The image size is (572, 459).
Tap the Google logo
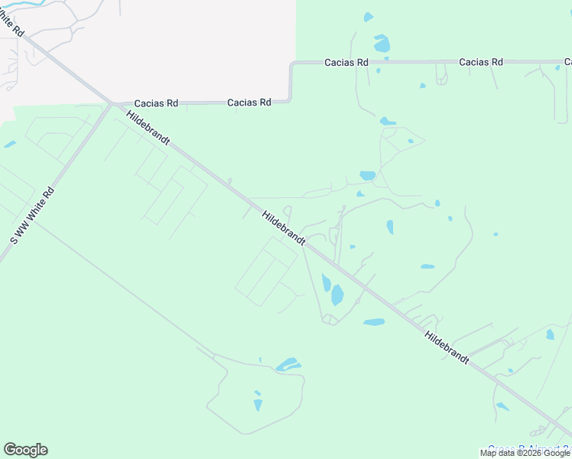point(25,450)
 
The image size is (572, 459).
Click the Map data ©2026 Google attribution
point(525,453)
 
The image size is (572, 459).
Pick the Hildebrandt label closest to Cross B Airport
point(447,348)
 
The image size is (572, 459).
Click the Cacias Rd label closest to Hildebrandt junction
point(156,103)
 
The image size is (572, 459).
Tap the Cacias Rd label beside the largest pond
point(346,63)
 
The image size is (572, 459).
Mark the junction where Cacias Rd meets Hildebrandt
point(112,103)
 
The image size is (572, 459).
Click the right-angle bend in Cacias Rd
point(291,64)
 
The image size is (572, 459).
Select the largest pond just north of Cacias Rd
point(381,43)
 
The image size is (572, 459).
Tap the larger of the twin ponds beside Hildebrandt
point(337,295)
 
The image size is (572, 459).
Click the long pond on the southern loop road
point(288,365)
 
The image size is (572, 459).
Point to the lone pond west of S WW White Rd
point(9,144)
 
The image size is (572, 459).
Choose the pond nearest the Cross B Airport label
point(502,407)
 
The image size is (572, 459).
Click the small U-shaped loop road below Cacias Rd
point(441,75)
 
